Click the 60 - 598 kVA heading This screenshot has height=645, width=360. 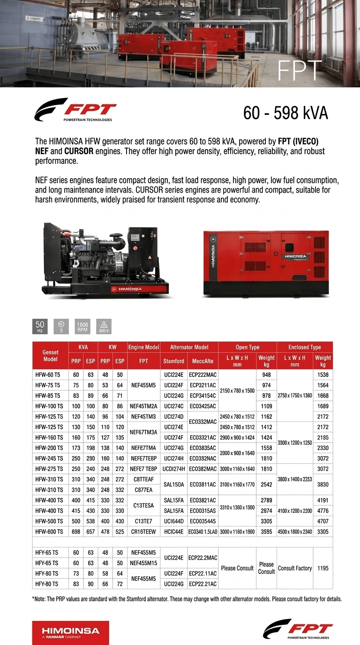tap(285, 113)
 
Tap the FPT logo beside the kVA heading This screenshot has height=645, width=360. tap(75, 110)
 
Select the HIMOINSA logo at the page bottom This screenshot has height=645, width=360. tap(70, 632)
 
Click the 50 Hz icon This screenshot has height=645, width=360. tap(40, 326)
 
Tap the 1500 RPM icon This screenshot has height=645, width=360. tap(82, 326)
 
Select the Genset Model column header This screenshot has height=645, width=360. tap(50, 355)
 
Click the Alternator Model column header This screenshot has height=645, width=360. tap(189, 347)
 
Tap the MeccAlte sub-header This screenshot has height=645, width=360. tap(203, 361)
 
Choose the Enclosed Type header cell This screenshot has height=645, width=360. tap(304, 347)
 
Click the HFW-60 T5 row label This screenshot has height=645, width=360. tap(48, 375)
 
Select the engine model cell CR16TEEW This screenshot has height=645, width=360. tap(143, 532)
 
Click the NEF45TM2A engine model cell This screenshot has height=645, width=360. tap(143, 406)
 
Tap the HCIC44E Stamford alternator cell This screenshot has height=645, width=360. tap(173, 532)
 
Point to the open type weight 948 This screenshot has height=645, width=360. tap(266, 375)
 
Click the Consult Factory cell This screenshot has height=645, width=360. tap(295, 568)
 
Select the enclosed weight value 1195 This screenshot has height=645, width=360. tap(323, 568)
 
